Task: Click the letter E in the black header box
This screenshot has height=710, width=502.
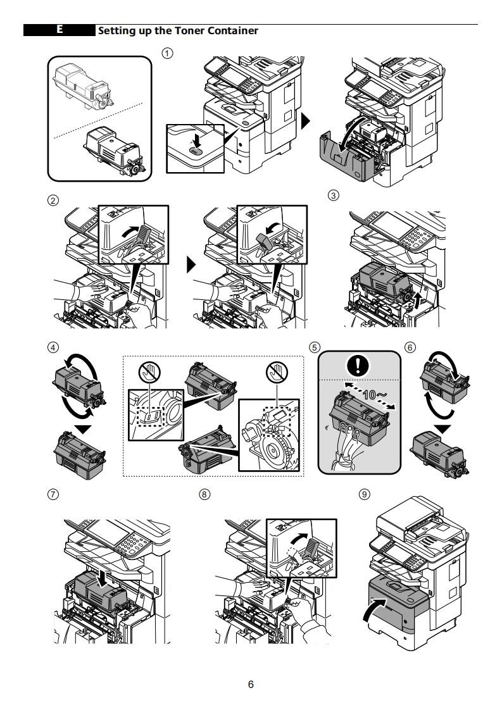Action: [x=59, y=30]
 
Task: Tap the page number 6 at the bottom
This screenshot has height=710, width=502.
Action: [x=251, y=685]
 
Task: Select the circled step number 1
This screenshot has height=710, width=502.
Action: [x=167, y=53]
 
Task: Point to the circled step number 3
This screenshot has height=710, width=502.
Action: [x=334, y=194]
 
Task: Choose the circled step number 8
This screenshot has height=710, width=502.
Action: [x=204, y=494]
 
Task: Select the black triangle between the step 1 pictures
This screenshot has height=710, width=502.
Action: [x=306, y=120]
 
